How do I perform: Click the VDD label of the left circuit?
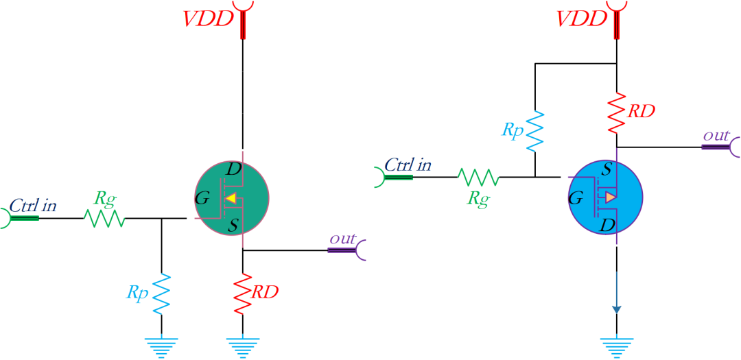click(x=209, y=19)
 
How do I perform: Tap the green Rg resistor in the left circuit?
click(x=104, y=219)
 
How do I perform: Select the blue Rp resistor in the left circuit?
click(x=161, y=293)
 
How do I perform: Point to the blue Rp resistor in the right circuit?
click(x=534, y=130)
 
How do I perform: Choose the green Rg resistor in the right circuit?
click(x=479, y=178)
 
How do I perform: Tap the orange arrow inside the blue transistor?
click(x=610, y=197)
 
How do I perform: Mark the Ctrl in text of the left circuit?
click(x=34, y=205)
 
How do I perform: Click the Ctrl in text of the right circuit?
click(x=408, y=165)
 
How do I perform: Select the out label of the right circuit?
click(x=716, y=136)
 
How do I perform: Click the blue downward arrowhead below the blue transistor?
click(x=617, y=309)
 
